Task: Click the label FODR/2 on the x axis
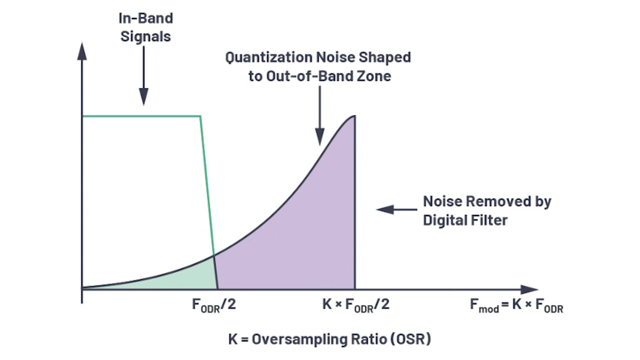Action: (x=213, y=305)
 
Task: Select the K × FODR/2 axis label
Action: (x=355, y=305)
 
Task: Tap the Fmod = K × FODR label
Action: (x=516, y=305)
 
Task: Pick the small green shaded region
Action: (x=185, y=277)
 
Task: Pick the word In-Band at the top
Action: (x=145, y=18)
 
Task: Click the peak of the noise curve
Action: (x=354, y=116)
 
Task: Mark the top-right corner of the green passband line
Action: (x=200, y=116)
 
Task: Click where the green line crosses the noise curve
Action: (x=214, y=255)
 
